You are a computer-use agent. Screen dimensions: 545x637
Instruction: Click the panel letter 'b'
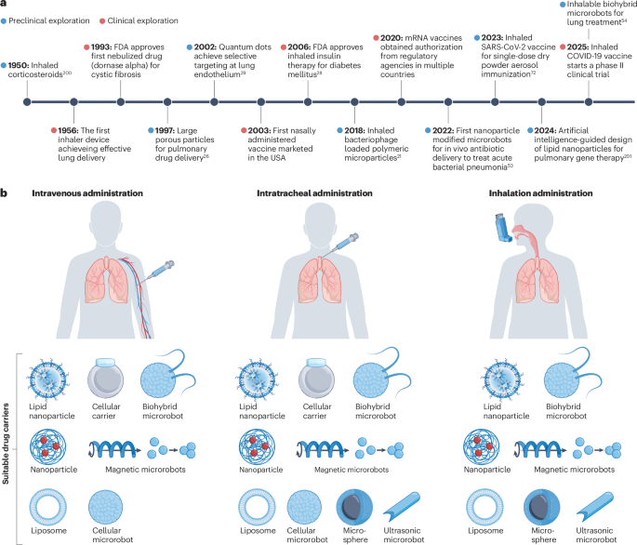pyautogui.click(x=7, y=193)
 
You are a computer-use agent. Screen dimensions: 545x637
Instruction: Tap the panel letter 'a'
pyautogui.click(x=7, y=7)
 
